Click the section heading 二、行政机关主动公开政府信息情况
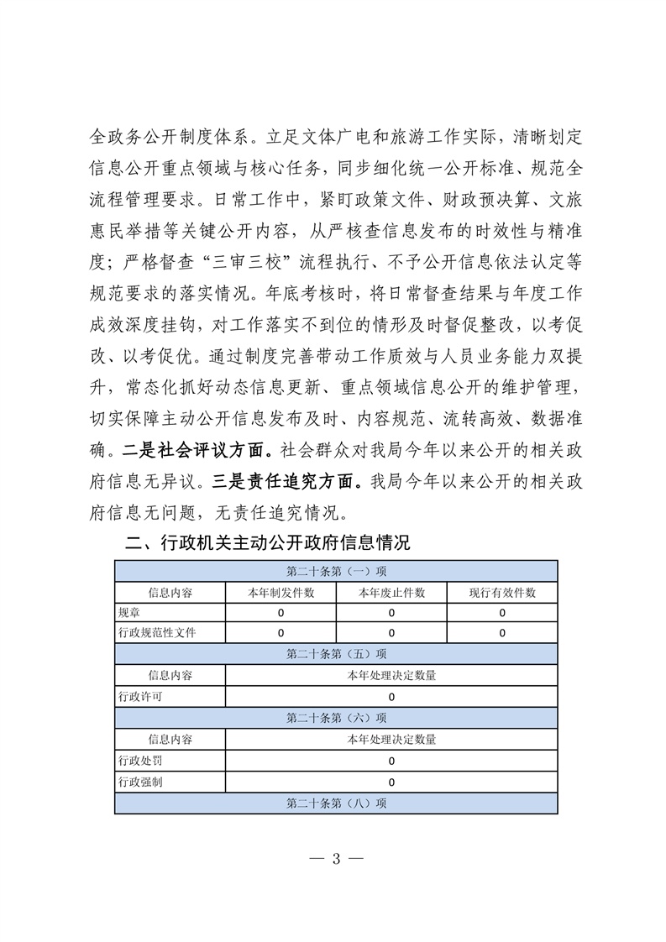pos(267,543)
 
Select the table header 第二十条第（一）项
pos(336,572)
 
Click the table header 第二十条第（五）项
pos(336,653)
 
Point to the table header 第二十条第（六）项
pos(336,718)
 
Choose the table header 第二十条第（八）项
pos(336,803)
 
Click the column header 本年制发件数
pos(281,592)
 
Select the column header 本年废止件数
pos(391,592)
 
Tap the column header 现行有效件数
pos(502,592)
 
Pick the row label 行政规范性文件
pos(157,633)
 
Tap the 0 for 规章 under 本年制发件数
pos(281,613)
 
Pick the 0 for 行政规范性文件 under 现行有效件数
pos(502,633)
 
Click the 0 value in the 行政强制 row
pos(391,782)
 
